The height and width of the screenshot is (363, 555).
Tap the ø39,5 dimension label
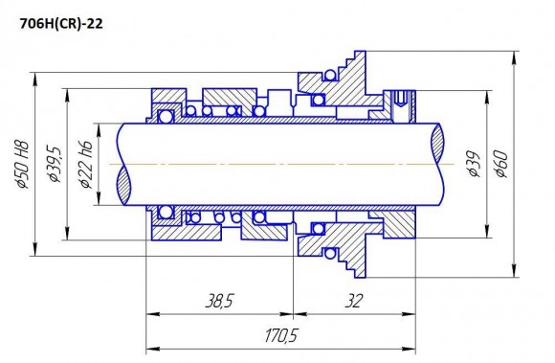click(x=56, y=164)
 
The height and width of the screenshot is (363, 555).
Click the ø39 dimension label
click(x=472, y=164)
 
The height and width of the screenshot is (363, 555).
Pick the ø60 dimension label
click(x=499, y=164)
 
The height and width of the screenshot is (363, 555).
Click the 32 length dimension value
click(x=353, y=302)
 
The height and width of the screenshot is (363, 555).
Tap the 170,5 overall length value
click(x=278, y=336)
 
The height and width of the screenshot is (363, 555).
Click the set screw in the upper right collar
click(x=401, y=96)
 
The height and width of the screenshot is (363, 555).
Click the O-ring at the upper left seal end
click(x=166, y=116)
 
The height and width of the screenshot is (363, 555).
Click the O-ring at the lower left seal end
click(x=166, y=211)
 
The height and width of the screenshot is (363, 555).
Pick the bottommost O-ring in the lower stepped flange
click(x=331, y=255)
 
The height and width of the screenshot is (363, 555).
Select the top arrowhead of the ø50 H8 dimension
click(x=36, y=76)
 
